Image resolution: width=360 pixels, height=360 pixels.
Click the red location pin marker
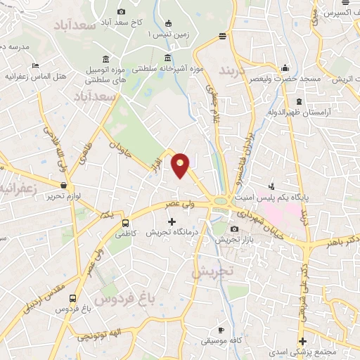181,165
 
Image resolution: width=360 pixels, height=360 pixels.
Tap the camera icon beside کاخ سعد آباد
121,11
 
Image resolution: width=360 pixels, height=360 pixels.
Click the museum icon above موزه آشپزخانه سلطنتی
167,58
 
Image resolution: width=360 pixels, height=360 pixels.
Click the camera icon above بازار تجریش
234,229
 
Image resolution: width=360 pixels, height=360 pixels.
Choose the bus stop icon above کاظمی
125,221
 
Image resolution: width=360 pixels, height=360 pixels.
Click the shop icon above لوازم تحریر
64,186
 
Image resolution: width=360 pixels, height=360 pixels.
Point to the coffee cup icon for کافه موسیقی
220,330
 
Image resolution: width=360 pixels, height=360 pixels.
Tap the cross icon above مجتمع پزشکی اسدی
302,341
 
